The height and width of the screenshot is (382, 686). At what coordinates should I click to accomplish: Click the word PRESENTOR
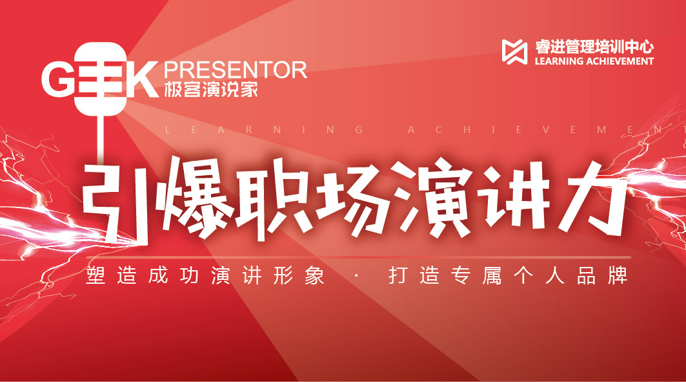pyautogui.click(x=236, y=70)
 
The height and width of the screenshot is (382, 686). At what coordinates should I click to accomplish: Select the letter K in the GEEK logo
pyautogui.click(x=142, y=80)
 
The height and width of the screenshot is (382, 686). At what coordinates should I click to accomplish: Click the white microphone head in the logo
pyautogui.click(x=101, y=79)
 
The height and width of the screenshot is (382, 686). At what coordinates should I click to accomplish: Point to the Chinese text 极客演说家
pyautogui.click(x=211, y=90)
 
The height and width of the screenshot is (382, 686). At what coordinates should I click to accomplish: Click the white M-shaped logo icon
pyautogui.click(x=514, y=52)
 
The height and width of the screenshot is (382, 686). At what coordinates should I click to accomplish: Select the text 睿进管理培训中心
pyautogui.click(x=594, y=47)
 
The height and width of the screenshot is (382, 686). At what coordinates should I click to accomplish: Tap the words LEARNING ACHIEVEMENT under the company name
pyautogui.click(x=594, y=61)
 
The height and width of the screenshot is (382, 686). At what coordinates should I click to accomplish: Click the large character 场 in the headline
pyautogui.click(x=353, y=199)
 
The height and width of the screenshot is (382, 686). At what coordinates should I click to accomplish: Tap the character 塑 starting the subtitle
pyautogui.click(x=96, y=275)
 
